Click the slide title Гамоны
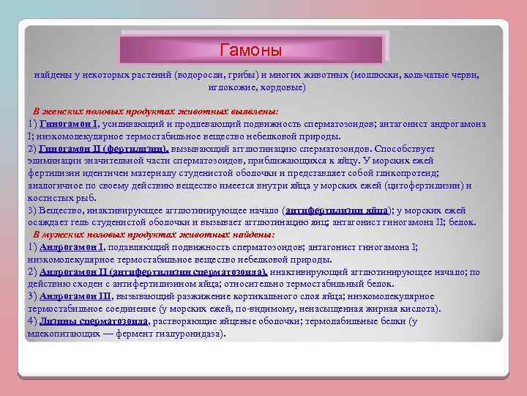tap(251, 50)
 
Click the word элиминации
tap(54, 160)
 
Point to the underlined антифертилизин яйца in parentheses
tap(336, 210)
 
